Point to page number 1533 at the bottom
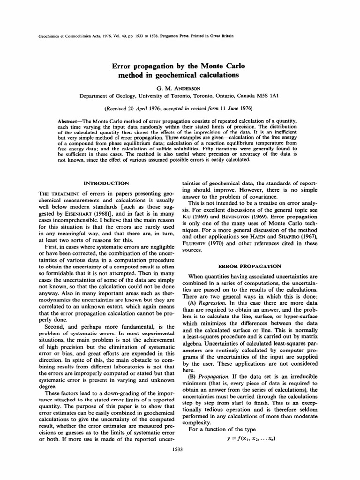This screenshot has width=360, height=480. (180, 449)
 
